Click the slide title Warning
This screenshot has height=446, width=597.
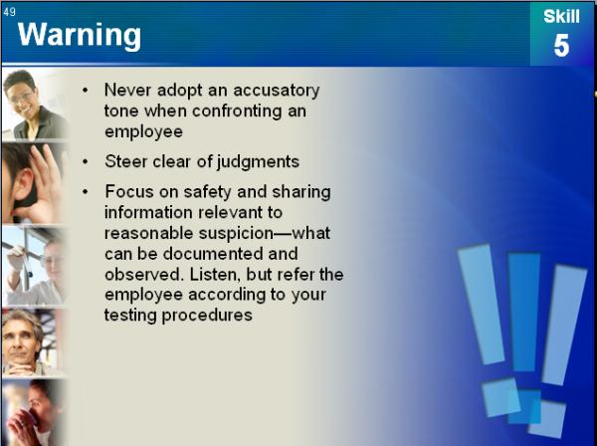(80, 36)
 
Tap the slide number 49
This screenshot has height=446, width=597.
(10, 12)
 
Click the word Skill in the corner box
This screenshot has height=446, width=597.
(561, 16)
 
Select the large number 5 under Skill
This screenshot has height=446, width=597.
(561, 46)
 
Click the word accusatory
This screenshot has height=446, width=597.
(277, 91)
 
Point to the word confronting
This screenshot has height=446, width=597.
(237, 111)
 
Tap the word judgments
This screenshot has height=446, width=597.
(258, 162)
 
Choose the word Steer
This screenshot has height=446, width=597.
(126, 161)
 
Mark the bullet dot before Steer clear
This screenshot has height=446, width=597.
(85, 162)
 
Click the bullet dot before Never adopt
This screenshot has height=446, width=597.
(85, 91)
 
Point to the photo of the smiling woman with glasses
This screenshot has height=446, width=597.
(34, 104)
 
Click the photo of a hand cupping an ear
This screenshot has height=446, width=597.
(34, 183)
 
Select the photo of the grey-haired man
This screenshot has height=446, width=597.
(33, 342)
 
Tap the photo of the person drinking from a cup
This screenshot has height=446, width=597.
(34, 412)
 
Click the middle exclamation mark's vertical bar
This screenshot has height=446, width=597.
(524, 312)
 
